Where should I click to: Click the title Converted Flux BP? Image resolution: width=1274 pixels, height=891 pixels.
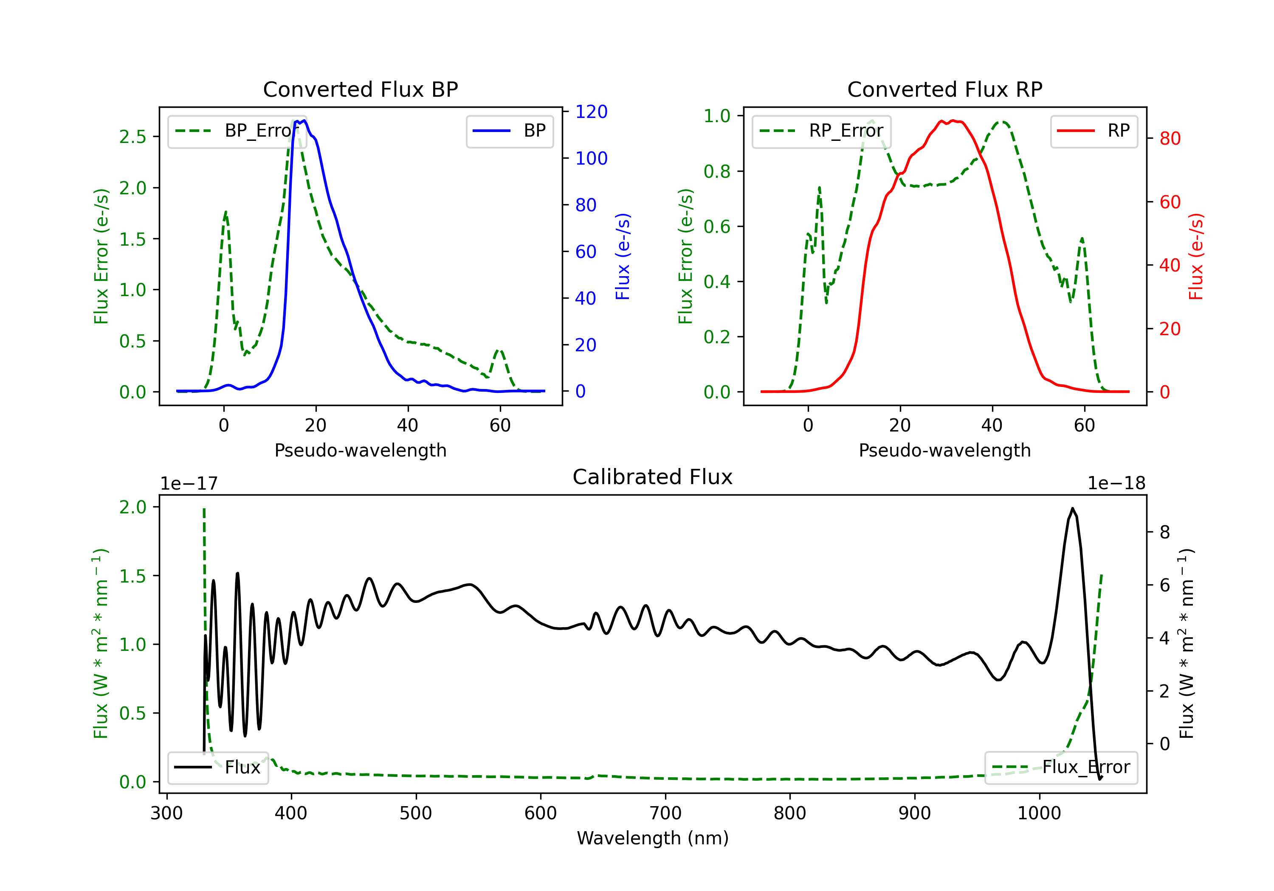coord(360,89)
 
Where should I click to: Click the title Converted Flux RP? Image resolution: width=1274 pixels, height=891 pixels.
coord(944,89)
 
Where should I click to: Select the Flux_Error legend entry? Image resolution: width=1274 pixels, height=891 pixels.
coord(1060,768)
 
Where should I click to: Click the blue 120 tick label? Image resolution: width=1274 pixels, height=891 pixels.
coord(591,112)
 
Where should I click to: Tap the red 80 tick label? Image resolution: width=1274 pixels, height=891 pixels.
coord(1170,139)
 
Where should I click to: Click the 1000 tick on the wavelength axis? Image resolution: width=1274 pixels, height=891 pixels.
coord(1039,813)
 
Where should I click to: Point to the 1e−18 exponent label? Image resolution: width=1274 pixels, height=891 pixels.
coord(1116,484)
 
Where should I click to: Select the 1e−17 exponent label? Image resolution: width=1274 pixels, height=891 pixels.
coord(189,484)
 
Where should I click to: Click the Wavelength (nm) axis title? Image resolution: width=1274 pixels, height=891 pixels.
coord(653,838)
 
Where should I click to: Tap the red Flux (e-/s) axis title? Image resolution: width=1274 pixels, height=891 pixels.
coord(1196,256)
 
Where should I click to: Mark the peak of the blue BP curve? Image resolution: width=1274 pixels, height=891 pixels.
coord(304,121)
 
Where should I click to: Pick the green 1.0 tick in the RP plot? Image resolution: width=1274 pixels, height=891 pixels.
coord(717,116)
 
